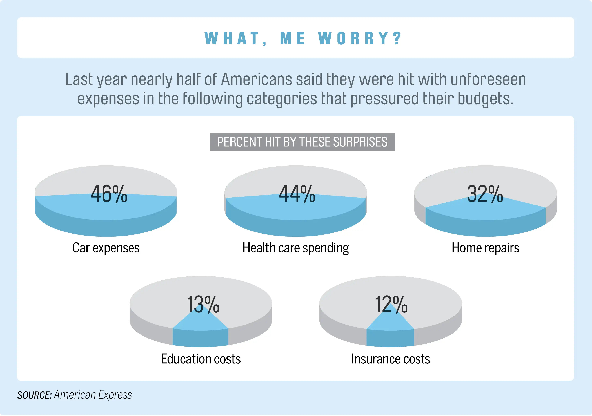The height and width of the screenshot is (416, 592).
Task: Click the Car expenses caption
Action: tap(106, 248)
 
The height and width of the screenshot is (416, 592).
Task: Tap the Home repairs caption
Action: tap(485, 248)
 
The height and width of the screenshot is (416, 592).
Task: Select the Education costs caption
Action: tap(201, 359)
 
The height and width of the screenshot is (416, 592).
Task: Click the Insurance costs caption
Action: tap(390, 359)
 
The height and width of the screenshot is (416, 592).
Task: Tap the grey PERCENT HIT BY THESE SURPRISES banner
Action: tap(302, 142)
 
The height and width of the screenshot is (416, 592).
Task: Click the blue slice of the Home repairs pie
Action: tap(485, 216)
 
